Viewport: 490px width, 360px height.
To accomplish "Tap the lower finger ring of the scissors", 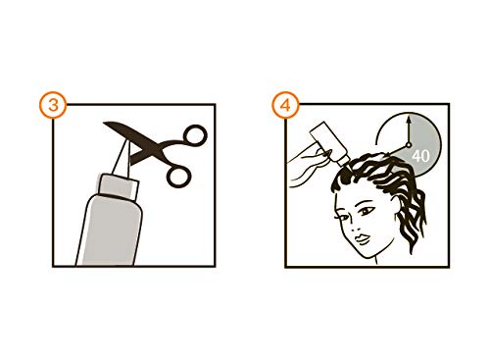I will (x=179, y=175).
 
